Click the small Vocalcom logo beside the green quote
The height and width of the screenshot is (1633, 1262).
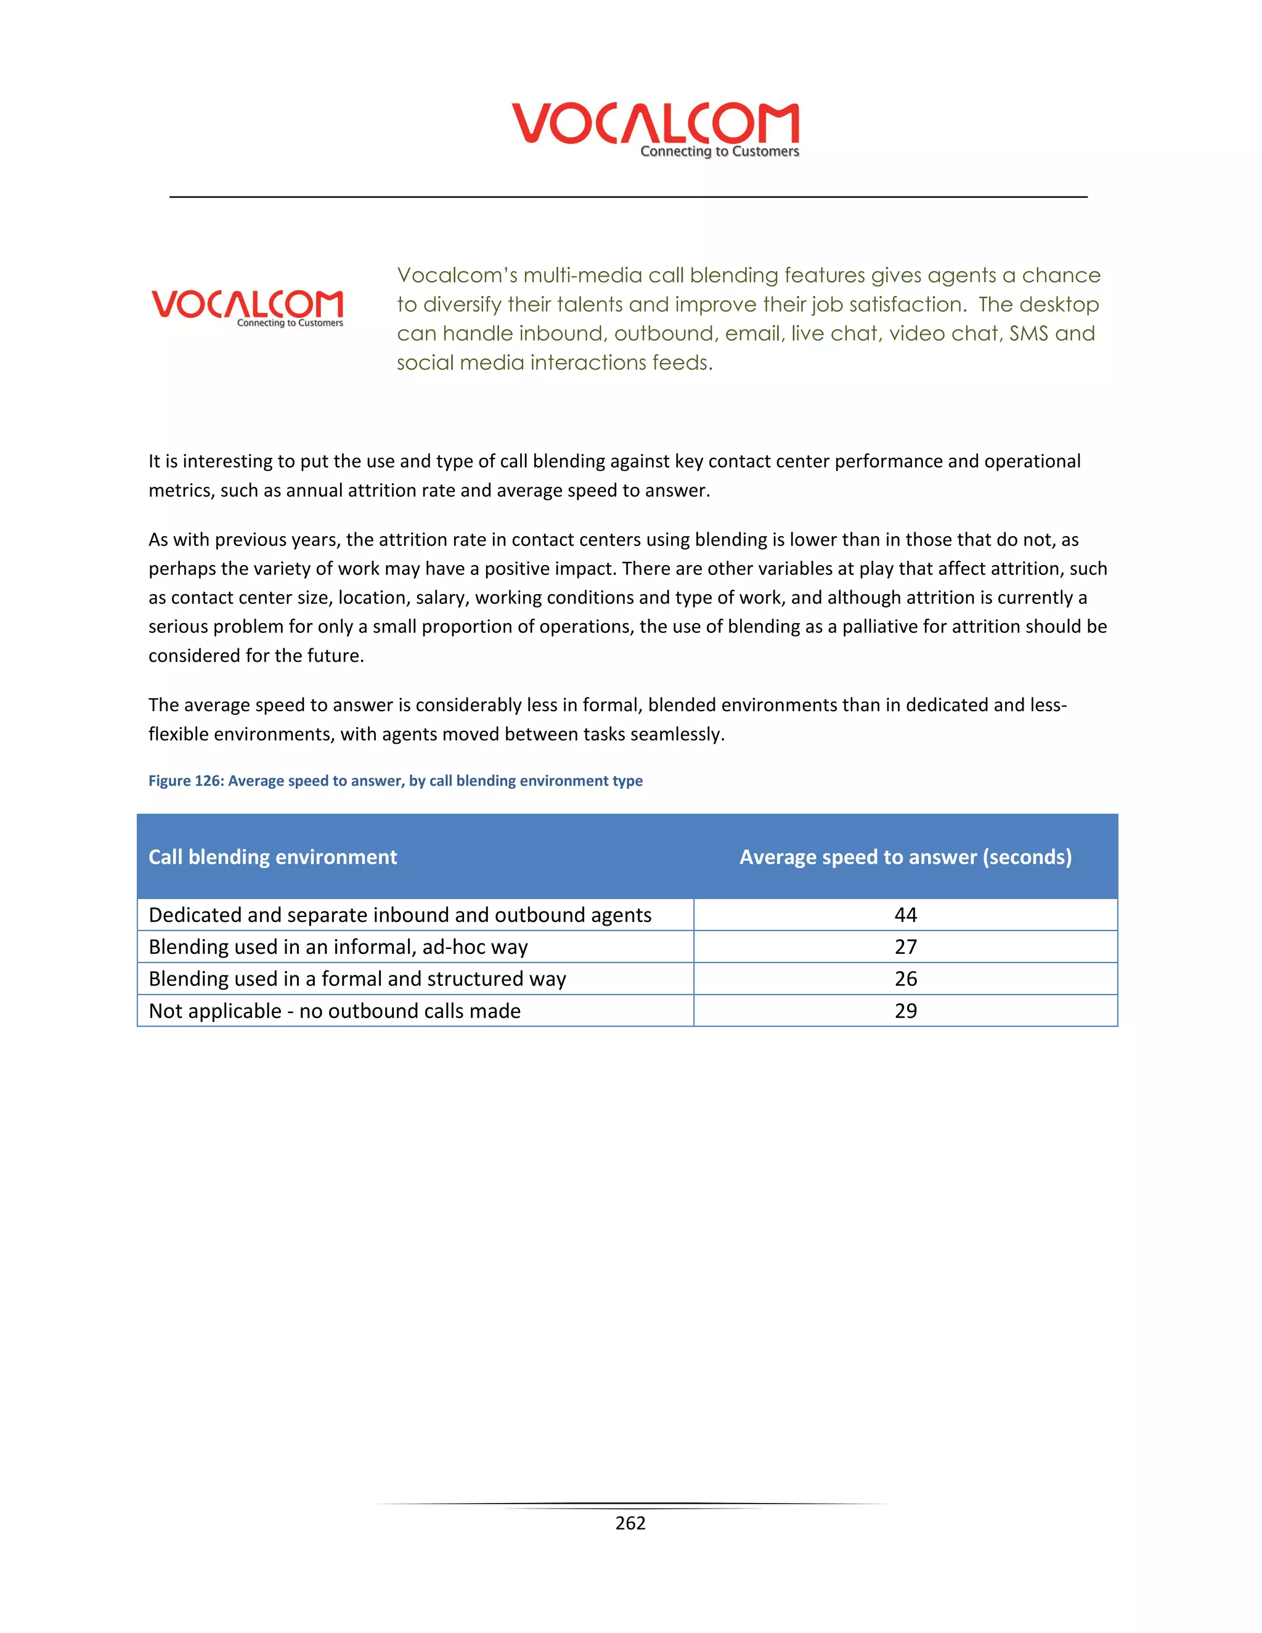pos(248,306)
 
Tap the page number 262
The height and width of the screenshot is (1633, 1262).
pos(630,1523)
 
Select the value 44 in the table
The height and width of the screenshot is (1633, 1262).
pos(905,915)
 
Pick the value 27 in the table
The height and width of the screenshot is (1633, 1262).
pos(905,947)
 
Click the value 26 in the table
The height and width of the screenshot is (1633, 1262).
pos(905,979)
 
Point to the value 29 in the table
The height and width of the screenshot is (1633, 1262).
pos(905,1011)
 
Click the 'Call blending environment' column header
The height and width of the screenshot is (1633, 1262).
pos(273,857)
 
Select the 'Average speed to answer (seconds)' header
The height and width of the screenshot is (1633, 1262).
pos(905,857)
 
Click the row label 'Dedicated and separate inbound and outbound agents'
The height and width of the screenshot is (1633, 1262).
pos(400,915)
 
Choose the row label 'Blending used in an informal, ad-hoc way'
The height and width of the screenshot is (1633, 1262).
pos(338,947)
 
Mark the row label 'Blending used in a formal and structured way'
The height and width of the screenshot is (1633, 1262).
pos(357,979)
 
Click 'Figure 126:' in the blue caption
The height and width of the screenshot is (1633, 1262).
pos(185,781)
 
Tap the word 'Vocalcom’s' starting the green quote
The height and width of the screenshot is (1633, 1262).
pos(456,275)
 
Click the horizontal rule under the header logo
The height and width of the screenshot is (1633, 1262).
pos(628,197)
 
